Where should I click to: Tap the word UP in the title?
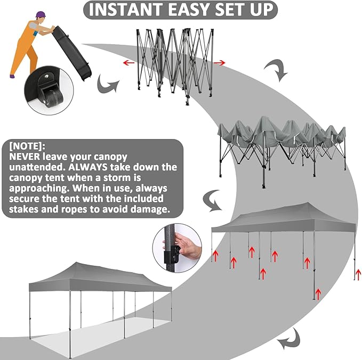pyautogui.click(x=262, y=10)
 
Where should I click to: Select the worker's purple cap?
pyautogui.click(x=41, y=14)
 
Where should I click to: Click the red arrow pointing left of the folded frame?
pyautogui.click(x=128, y=62)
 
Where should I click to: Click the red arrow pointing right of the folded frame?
pyautogui.click(x=219, y=62)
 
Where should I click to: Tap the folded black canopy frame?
pyautogui.click(x=174, y=66)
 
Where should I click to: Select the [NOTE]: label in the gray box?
pyautogui.click(x=27, y=146)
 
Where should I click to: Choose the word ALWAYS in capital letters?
pyautogui.click(x=88, y=167)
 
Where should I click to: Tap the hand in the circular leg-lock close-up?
pyautogui.click(x=187, y=245)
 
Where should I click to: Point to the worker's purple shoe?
pyautogui.click(x=12, y=76)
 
